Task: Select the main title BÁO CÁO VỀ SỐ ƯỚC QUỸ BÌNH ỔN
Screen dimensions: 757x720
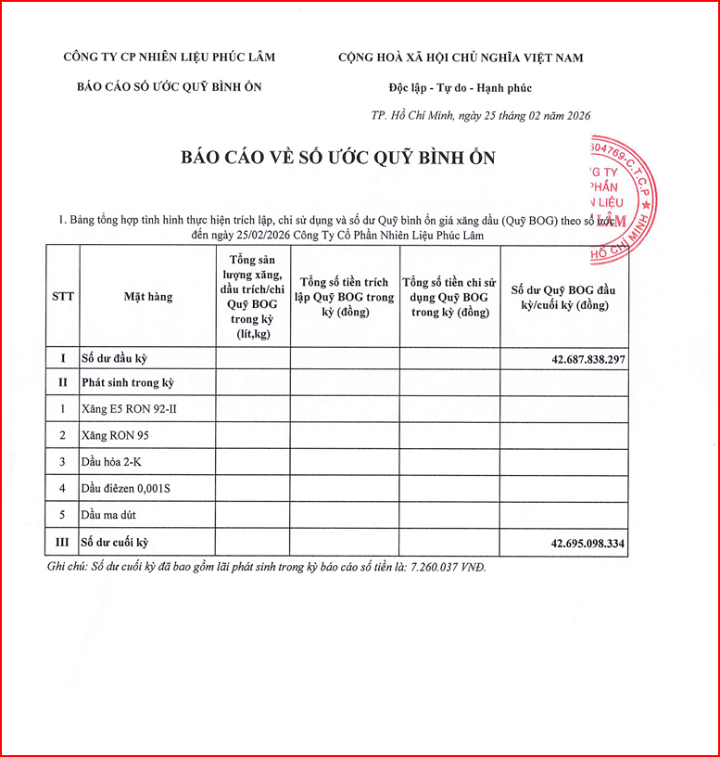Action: (x=338, y=158)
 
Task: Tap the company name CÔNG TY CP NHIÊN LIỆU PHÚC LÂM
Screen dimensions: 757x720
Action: (x=169, y=57)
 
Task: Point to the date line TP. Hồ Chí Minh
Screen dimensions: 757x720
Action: (x=480, y=116)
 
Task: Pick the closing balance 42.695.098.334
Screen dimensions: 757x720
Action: (x=575, y=543)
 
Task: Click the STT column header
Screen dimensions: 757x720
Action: (x=63, y=297)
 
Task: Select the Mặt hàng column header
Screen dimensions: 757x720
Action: (x=148, y=297)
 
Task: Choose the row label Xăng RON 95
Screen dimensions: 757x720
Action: (x=115, y=435)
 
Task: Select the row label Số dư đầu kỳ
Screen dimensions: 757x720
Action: (x=115, y=357)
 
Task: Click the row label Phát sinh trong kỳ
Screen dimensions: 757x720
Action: (x=128, y=382)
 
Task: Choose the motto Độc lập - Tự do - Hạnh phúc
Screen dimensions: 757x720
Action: (x=460, y=88)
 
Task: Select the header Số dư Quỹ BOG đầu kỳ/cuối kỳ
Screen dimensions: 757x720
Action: (x=564, y=297)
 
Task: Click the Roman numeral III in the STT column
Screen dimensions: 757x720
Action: (x=63, y=543)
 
